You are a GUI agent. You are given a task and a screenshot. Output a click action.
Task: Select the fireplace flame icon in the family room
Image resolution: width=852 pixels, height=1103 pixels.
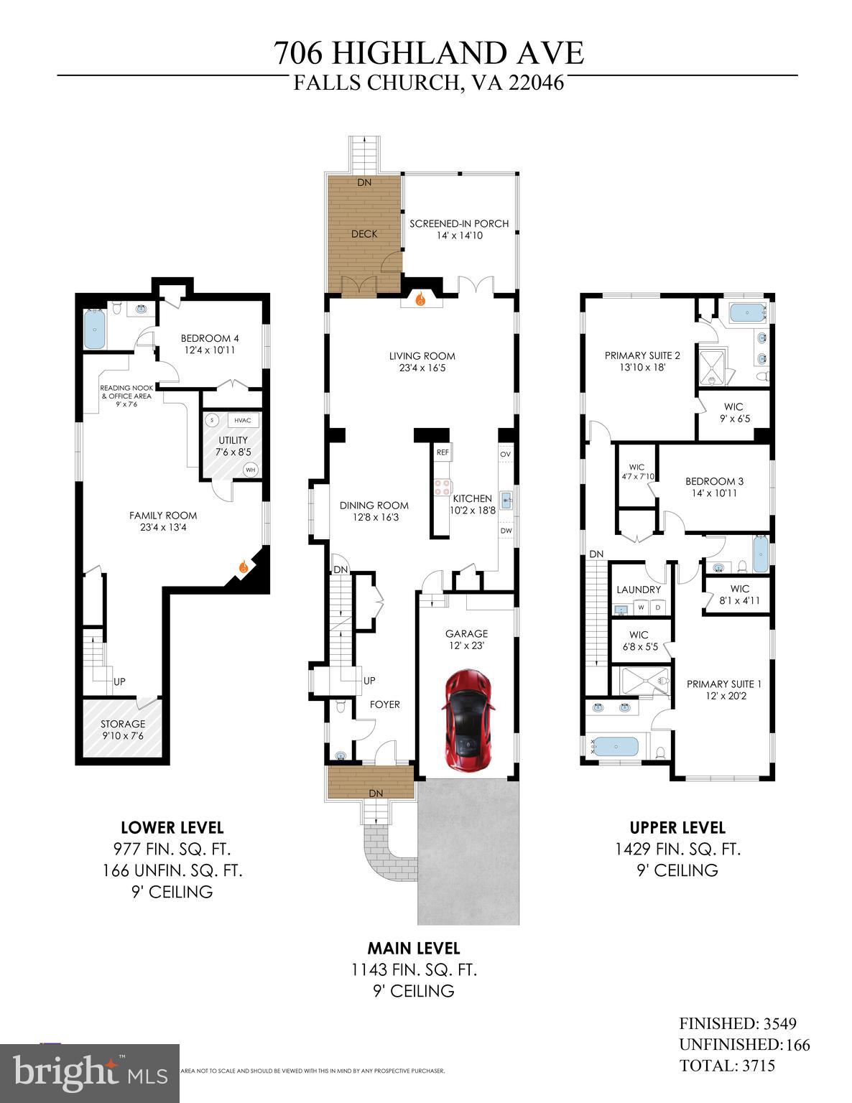click(x=244, y=568)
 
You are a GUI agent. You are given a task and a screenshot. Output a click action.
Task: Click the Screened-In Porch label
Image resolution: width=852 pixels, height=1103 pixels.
click(x=459, y=223)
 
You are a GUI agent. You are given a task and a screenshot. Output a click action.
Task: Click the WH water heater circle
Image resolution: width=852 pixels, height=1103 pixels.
click(x=251, y=470)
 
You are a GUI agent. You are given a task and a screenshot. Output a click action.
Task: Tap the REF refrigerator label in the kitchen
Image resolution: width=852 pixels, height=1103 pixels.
click(x=443, y=452)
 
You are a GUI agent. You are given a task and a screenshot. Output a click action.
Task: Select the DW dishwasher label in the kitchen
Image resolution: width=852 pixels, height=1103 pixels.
click(x=506, y=531)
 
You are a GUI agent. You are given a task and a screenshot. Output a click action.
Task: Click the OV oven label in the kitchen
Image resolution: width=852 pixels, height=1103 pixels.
click(x=505, y=454)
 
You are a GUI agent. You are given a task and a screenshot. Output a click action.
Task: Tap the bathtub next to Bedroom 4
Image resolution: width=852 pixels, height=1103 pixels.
click(x=96, y=328)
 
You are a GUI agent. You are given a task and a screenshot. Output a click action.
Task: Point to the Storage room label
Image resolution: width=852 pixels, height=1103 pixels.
click(x=123, y=724)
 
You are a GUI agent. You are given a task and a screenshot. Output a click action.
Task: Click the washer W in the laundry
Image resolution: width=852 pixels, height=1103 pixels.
click(x=640, y=608)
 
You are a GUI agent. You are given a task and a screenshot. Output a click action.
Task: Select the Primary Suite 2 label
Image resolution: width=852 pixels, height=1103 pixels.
click(x=642, y=355)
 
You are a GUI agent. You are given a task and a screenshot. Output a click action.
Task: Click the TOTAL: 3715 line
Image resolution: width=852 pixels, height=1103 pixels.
click(x=727, y=1065)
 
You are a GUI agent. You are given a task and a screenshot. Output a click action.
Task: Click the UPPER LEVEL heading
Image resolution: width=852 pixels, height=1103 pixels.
click(x=677, y=827)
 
